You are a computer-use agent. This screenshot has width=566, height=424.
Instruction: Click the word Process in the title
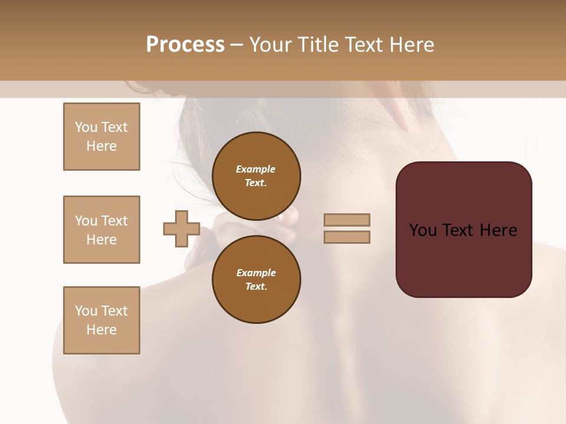click(185, 45)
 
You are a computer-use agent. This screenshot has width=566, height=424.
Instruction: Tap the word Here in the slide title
click(411, 45)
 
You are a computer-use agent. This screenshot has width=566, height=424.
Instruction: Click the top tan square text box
click(101, 137)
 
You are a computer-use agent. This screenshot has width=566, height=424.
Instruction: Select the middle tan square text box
click(101, 230)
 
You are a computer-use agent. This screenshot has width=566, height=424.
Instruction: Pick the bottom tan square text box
click(101, 320)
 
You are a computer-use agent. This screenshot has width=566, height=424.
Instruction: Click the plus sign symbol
click(182, 228)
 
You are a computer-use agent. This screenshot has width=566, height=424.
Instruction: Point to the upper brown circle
click(256, 175)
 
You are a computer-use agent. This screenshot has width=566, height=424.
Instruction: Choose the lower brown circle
click(256, 279)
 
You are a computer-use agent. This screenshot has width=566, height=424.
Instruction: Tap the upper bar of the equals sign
click(347, 220)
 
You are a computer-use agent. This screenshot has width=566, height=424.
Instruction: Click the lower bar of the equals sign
click(347, 237)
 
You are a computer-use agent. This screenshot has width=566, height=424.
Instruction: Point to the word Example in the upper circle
click(255, 169)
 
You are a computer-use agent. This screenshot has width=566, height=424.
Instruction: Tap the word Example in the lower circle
click(256, 273)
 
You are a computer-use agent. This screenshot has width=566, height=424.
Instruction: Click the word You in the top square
click(86, 127)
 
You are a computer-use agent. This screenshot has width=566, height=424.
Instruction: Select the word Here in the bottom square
click(101, 330)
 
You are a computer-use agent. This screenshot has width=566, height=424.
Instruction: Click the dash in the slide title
click(236, 45)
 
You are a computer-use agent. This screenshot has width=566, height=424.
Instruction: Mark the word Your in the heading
click(270, 45)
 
